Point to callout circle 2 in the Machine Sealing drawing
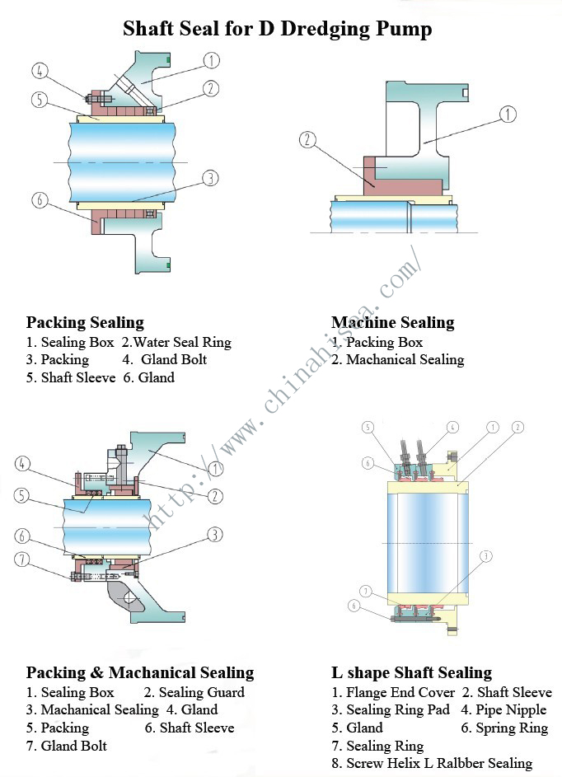(308, 140)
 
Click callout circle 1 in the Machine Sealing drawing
(508, 115)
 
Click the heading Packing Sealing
(85, 322)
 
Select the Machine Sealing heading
(392, 322)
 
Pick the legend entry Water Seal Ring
(182, 342)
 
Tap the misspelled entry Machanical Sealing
(405, 359)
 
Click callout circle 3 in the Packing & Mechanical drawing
(214, 535)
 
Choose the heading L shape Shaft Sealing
(411, 672)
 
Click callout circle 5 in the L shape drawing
(368, 427)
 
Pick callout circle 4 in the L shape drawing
(452, 427)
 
